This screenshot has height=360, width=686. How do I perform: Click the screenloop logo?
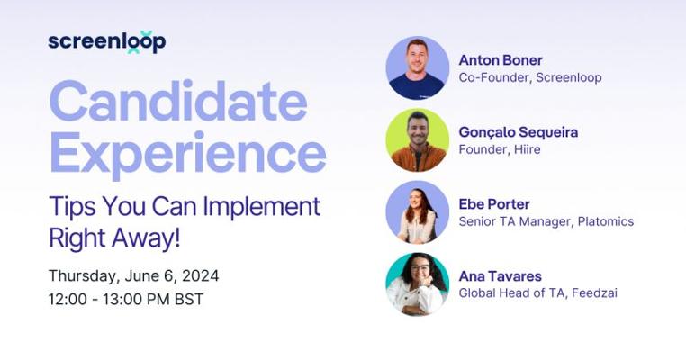(x=107, y=42)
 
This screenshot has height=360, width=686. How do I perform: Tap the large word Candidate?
(x=178, y=101)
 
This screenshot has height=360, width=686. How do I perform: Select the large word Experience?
(x=187, y=154)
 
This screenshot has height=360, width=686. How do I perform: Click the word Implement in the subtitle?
(x=261, y=207)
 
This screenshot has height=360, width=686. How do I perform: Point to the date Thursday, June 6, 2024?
(x=134, y=276)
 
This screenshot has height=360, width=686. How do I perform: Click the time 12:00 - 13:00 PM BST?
(x=126, y=300)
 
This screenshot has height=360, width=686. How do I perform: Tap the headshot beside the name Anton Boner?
(x=418, y=68)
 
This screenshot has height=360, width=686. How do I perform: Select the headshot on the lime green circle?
(x=418, y=140)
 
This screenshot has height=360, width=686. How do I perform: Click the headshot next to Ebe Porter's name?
(x=418, y=212)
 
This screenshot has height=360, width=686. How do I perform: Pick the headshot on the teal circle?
(x=418, y=283)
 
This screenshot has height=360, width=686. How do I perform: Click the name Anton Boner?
(x=501, y=60)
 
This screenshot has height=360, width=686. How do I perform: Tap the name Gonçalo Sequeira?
(x=519, y=132)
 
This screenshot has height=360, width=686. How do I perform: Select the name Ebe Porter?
(x=494, y=204)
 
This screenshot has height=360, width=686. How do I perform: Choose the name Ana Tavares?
(x=500, y=276)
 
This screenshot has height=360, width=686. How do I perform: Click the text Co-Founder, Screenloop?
(x=530, y=78)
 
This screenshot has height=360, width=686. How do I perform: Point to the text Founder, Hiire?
(x=500, y=149)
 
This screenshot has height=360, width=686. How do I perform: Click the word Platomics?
(x=606, y=221)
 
